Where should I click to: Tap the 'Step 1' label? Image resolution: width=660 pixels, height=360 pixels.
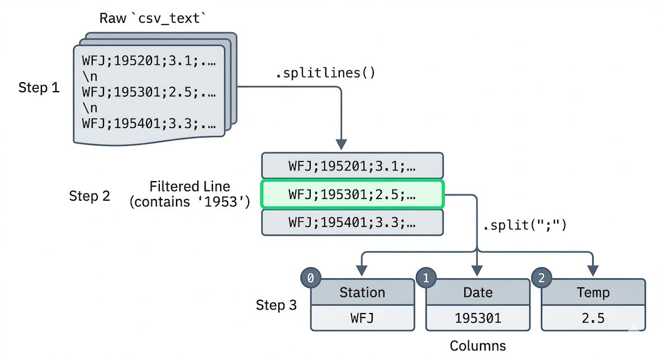[x=39, y=88]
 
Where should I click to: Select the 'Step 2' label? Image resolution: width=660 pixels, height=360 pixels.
[x=89, y=196]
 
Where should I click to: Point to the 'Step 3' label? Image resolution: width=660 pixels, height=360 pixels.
[x=276, y=305]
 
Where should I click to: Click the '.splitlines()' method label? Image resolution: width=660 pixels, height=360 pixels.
[x=326, y=73]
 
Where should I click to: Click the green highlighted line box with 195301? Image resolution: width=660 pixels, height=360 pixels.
[x=352, y=194]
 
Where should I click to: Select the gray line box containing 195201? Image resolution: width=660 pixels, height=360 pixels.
[x=352, y=165]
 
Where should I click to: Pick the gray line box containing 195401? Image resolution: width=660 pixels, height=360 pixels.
[x=352, y=222]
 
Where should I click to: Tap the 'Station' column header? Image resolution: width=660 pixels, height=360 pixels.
[x=362, y=292]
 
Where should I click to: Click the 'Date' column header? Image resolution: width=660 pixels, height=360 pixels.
[x=478, y=292]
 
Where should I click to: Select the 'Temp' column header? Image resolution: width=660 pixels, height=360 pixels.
[x=593, y=292]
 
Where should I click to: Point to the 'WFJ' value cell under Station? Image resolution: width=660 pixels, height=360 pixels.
[x=362, y=318]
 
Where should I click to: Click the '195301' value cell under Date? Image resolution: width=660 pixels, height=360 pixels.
[x=478, y=318]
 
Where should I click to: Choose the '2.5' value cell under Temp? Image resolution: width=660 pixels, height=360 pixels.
[x=593, y=318]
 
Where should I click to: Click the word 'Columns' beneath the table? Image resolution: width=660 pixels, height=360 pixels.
[x=478, y=345]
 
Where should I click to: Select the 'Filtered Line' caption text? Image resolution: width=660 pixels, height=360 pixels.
[x=189, y=186]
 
